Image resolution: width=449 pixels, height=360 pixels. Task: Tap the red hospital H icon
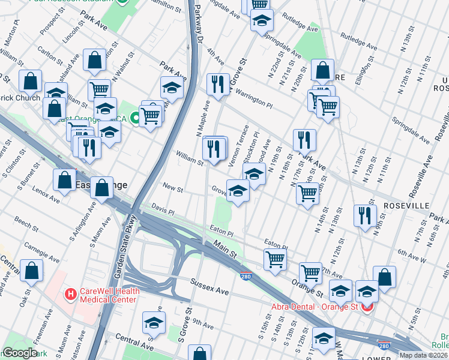70,295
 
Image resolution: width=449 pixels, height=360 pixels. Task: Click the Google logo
20,353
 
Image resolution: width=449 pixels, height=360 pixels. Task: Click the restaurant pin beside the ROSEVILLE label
364,215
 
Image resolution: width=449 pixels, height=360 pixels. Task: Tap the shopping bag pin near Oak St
31,271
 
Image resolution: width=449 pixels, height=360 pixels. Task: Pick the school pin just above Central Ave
154,323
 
